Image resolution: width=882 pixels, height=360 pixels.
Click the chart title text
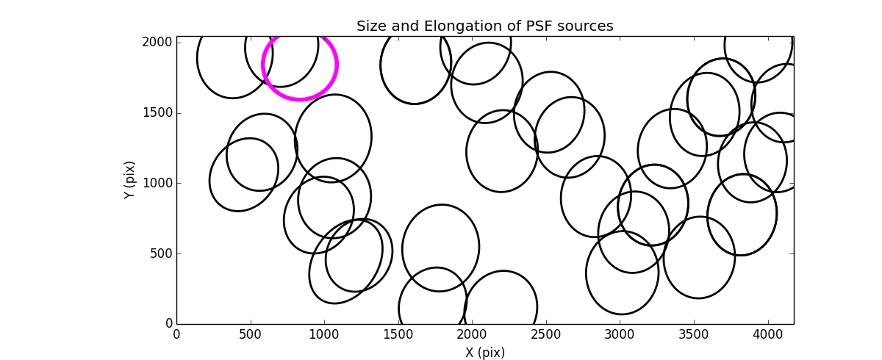[484, 26]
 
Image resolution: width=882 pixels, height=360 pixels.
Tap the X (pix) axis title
[484, 353]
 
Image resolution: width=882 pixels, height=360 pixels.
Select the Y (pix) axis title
[129, 180]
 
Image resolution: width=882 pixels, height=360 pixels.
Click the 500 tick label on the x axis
[251, 334]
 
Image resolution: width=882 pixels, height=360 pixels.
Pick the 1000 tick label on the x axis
[324, 334]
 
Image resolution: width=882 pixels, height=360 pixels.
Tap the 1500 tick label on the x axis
[398, 334]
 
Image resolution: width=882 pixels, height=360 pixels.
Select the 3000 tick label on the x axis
[620, 334]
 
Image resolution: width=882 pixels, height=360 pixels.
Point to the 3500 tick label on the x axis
[694, 334]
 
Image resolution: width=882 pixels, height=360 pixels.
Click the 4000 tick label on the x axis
[767, 334]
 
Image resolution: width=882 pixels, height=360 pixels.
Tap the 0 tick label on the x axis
[176, 334]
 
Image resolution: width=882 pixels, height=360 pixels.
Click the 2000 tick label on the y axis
[157, 43]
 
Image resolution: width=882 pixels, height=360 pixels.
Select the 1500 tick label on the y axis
[157, 113]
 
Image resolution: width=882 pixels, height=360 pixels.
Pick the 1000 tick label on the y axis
[157, 184]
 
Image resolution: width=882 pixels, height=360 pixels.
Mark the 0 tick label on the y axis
[168, 324]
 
